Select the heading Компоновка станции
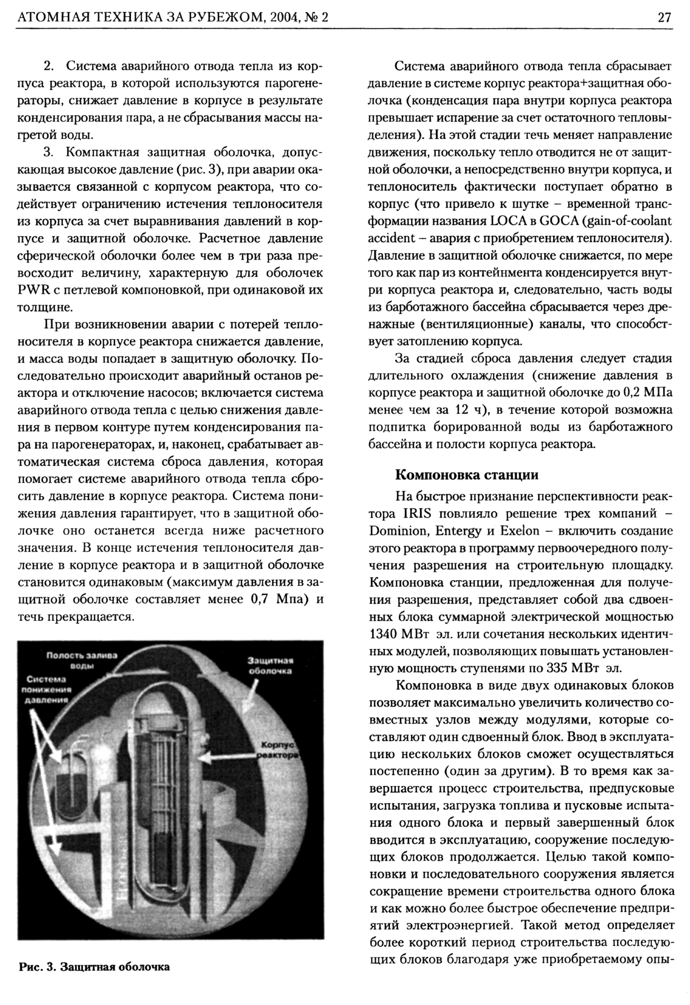tap(467, 475)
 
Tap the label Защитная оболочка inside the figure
tap(270, 666)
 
